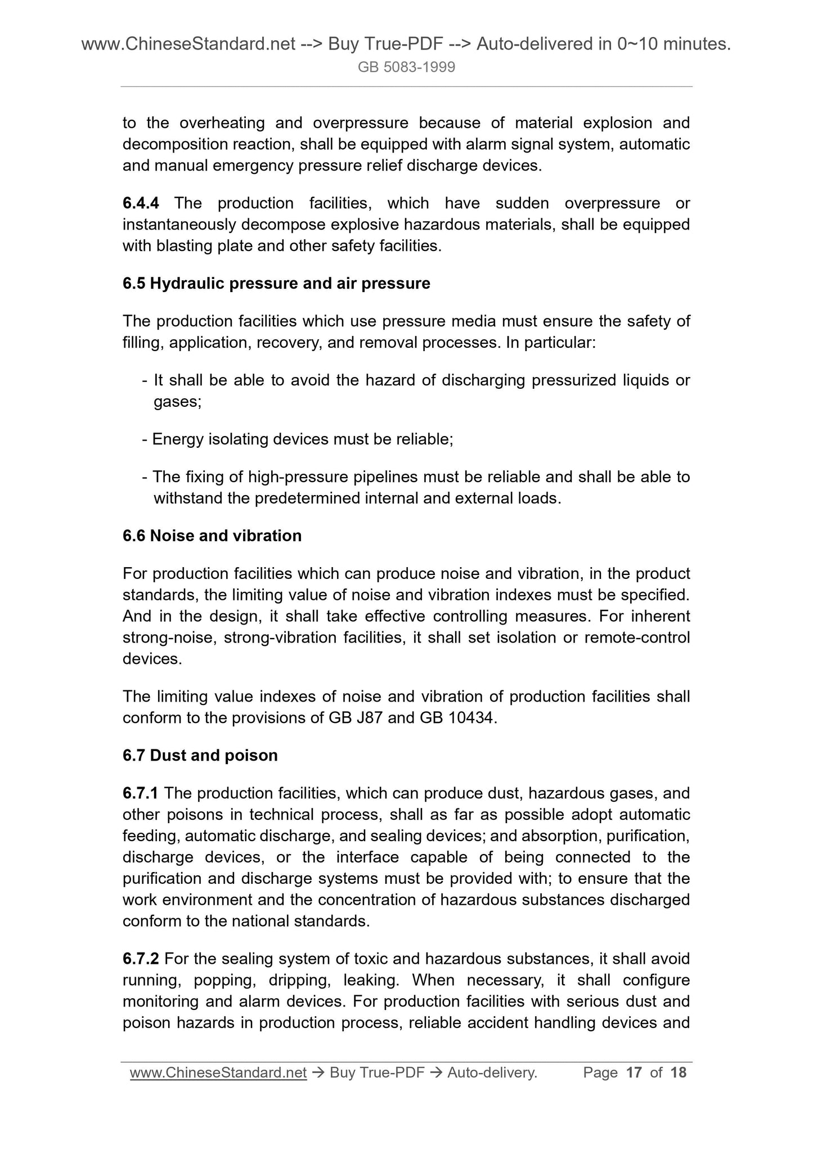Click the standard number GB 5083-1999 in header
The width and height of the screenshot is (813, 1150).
[x=406, y=68]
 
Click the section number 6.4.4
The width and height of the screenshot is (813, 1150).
[x=140, y=203]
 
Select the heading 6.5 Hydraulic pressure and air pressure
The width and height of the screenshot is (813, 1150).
[x=276, y=284]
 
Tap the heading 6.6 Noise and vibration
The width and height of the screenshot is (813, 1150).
[x=212, y=536]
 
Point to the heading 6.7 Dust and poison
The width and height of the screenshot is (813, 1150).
[x=200, y=755]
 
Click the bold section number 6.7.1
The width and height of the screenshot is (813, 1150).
[x=140, y=793]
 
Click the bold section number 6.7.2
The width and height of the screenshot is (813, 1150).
[x=140, y=959]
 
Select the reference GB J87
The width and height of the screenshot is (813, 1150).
[x=356, y=718]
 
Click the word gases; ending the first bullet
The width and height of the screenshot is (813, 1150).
[x=177, y=402]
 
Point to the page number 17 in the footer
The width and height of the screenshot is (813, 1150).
[x=634, y=1072]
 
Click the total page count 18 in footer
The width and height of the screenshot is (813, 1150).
[x=679, y=1072]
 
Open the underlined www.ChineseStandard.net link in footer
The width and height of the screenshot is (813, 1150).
[x=218, y=1073]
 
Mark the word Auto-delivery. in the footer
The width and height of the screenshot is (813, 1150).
[x=492, y=1073]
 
